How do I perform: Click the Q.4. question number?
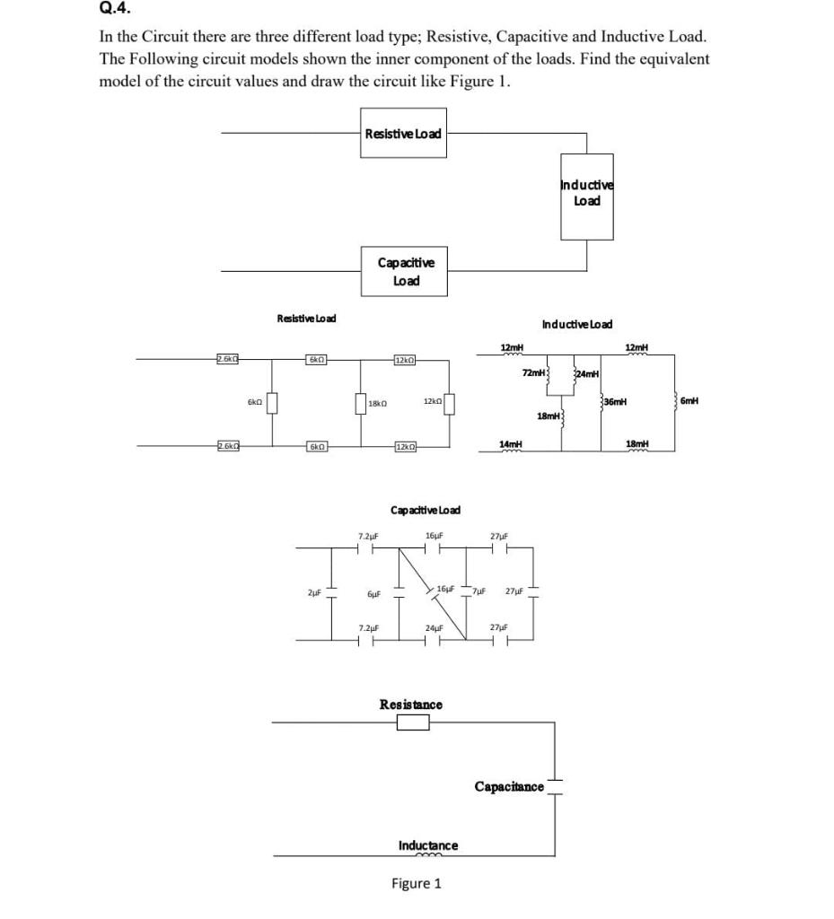point(113,10)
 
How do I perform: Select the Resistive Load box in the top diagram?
point(403,134)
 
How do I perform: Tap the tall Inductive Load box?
point(587,200)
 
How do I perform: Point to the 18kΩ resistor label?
point(378,405)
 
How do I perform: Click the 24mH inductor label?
point(588,373)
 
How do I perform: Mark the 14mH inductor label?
point(510,444)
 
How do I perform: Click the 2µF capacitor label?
point(314,592)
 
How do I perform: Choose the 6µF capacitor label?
point(374,594)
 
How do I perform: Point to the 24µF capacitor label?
point(435,627)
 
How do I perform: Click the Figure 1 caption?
point(416,884)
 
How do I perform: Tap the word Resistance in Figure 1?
point(411,705)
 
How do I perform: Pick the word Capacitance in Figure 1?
point(509,787)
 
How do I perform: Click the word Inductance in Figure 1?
point(427,845)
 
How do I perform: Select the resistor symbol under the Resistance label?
point(413,722)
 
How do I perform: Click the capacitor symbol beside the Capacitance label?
point(555,786)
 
